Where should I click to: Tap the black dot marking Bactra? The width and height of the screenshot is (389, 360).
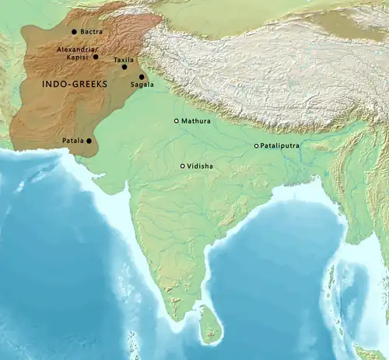(x=74, y=32)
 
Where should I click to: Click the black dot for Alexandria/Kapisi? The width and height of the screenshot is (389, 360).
(x=96, y=57)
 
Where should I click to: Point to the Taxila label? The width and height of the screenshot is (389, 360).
(x=123, y=59)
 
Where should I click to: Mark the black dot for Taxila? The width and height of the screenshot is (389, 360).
(x=124, y=68)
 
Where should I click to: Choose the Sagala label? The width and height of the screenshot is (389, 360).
(x=142, y=84)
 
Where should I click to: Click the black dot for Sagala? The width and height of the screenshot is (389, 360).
(x=142, y=76)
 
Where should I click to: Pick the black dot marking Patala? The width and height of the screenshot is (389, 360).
(x=89, y=141)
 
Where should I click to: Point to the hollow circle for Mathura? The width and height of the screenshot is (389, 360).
(x=177, y=121)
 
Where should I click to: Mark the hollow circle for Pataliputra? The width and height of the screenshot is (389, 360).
(x=257, y=146)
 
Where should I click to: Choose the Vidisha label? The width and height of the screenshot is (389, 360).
(x=200, y=166)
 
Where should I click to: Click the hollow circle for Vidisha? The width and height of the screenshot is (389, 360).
(x=183, y=166)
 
